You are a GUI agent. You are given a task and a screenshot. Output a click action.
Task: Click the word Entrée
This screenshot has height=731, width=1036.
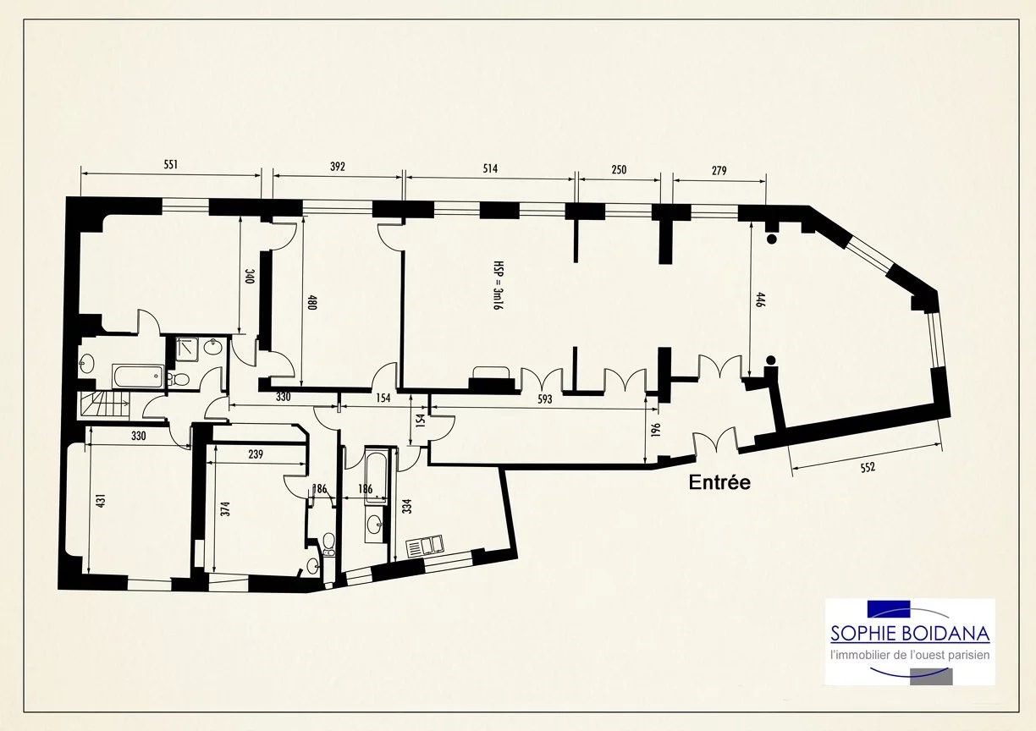click(x=719, y=482)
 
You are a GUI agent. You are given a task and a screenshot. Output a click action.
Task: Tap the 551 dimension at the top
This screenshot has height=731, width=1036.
click(x=171, y=165)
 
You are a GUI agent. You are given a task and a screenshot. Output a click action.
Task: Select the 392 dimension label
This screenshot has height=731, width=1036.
click(x=338, y=167)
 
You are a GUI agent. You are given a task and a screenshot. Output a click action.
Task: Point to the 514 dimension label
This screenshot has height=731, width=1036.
click(x=490, y=168)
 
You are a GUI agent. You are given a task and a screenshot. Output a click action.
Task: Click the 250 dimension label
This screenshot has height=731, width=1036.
click(x=619, y=170)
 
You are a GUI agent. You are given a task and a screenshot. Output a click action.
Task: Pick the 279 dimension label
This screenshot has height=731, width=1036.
click(x=719, y=171)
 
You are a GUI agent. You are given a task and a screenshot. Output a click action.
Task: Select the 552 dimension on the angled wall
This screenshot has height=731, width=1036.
click(x=868, y=468)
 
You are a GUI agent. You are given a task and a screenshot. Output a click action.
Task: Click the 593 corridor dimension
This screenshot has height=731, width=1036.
click(x=545, y=399)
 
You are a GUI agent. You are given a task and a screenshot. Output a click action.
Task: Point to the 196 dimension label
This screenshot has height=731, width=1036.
click(x=656, y=430)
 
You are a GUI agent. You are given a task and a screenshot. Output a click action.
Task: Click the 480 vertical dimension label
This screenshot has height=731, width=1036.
click(x=312, y=302)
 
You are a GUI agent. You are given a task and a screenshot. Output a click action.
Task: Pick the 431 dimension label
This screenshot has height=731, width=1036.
click(x=102, y=500)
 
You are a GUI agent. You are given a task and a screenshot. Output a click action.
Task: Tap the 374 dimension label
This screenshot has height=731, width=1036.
click(x=226, y=509)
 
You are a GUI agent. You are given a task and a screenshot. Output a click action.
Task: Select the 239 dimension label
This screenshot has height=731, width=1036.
click(x=256, y=454)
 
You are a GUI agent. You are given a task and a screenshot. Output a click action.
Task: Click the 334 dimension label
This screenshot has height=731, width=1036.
click(x=407, y=506)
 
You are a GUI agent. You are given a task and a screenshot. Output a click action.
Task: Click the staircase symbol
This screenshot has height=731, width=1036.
click(x=103, y=404)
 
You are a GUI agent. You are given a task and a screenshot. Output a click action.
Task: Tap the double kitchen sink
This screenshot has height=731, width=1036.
click(x=425, y=546)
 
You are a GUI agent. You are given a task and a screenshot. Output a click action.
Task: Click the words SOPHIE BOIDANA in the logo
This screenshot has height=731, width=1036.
click(x=910, y=634)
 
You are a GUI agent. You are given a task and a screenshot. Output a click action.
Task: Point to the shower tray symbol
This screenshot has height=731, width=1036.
click(x=187, y=349)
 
